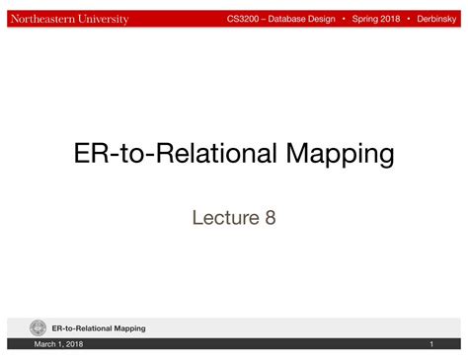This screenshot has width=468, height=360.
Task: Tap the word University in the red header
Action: [x=105, y=19]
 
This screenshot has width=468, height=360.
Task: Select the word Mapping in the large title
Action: [x=337, y=154]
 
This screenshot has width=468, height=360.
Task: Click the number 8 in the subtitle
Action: [x=270, y=216]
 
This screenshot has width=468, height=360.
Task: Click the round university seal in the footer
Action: [x=39, y=327]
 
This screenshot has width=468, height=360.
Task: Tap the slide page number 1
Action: [x=431, y=344]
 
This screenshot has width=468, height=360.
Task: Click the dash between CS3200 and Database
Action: [x=266, y=19]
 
